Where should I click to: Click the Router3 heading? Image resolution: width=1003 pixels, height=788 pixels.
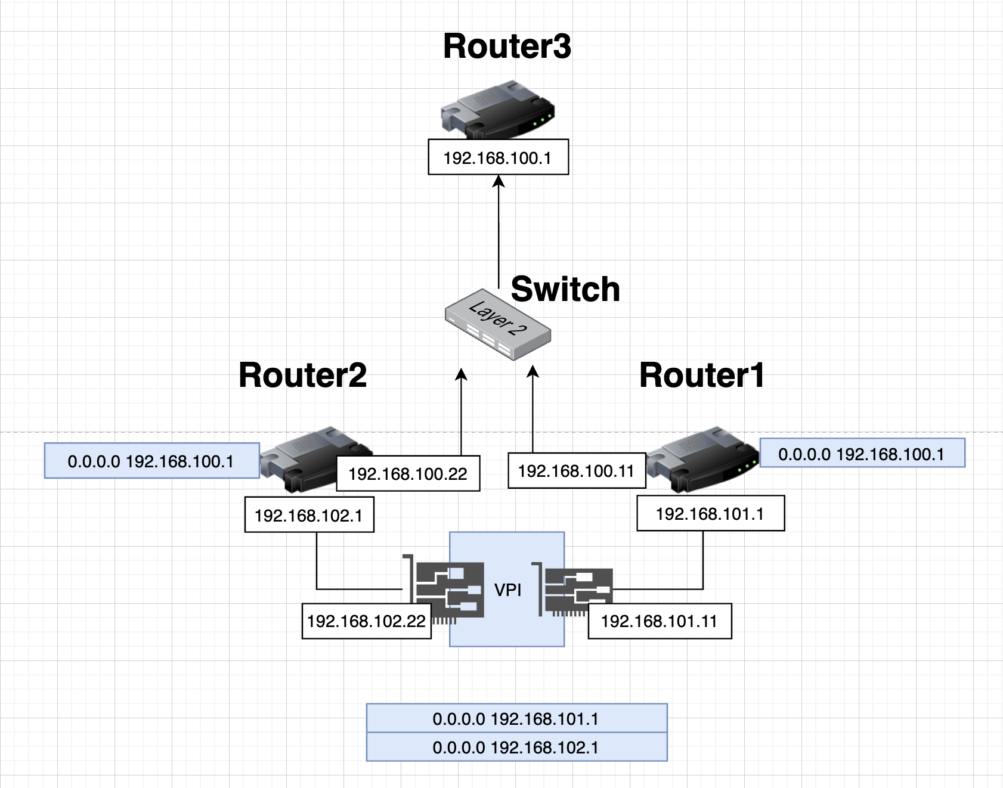click(x=507, y=46)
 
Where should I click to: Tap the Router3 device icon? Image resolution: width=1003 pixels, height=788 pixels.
click(x=498, y=111)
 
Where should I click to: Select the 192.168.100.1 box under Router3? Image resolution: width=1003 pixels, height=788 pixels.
click(x=499, y=157)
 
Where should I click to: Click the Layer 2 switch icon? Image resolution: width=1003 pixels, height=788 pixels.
click(x=498, y=324)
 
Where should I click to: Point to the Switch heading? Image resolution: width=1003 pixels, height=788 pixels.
click(x=565, y=290)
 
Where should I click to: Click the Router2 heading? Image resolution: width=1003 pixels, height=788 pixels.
click(x=302, y=376)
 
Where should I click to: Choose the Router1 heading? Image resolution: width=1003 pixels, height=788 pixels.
click(x=701, y=376)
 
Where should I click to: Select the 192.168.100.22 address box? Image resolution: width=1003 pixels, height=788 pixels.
click(x=408, y=474)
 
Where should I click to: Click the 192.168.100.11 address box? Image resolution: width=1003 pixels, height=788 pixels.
click(x=576, y=471)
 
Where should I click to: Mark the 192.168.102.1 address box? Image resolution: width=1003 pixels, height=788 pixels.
click(x=309, y=515)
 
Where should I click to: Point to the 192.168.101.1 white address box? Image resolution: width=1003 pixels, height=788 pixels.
click(x=710, y=513)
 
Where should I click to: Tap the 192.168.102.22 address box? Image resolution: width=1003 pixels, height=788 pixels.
click(x=366, y=621)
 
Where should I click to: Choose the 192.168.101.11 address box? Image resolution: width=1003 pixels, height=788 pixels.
click(x=660, y=621)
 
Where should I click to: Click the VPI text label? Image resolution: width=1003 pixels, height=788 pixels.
click(x=508, y=590)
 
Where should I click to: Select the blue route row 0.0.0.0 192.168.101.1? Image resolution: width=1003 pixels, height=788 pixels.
click(x=516, y=719)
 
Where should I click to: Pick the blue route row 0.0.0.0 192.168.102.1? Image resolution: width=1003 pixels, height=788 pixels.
click(x=516, y=747)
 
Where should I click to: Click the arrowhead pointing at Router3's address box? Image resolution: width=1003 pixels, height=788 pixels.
click(x=499, y=181)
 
